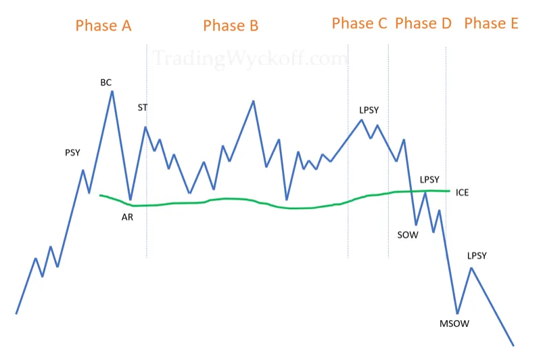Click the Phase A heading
(103, 26)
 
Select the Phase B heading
(231, 26)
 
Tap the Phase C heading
(359, 24)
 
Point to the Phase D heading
(423, 24)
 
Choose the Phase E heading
(491, 24)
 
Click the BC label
(106, 83)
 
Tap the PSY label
(72, 152)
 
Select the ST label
(143, 108)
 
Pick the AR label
(127, 217)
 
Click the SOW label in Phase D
(408, 235)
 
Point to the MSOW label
(454, 323)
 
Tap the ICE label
(462, 193)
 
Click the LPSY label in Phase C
(369, 110)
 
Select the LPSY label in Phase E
(477, 256)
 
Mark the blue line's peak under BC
(112, 91)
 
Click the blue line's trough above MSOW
(458, 313)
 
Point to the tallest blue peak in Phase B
(253, 101)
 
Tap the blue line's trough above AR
(130, 200)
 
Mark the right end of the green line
(450, 191)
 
